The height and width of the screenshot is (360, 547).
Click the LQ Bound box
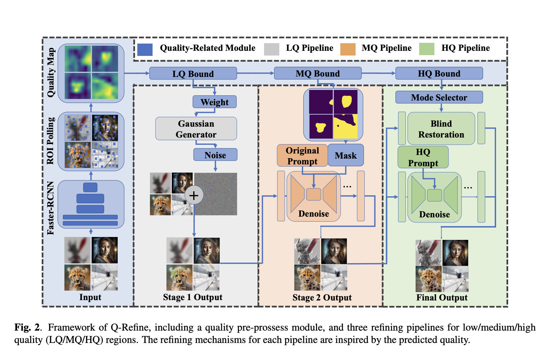click(193, 74)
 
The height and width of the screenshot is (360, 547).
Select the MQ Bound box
click(317, 74)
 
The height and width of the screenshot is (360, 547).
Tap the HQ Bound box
click(439, 74)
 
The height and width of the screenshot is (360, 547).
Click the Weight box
click(214, 102)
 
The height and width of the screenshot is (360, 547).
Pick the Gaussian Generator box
click(196, 129)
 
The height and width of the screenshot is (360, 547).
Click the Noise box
click(215, 155)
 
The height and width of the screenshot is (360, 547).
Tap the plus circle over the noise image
click(194, 195)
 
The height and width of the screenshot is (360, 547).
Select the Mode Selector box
click(439, 97)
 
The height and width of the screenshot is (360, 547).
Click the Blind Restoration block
click(441, 129)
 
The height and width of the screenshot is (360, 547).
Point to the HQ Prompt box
click(423, 157)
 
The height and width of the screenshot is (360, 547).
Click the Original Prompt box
click(302, 156)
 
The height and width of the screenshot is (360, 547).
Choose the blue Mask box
click(345, 155)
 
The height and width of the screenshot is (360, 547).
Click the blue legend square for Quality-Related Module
click(145, 49)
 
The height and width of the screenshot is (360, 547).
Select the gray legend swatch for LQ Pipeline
click(272, 49)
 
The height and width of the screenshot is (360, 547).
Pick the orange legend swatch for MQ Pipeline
click(348, 49)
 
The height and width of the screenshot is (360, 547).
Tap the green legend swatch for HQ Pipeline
click(426, 49)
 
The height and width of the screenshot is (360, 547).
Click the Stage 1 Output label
click(193, 297)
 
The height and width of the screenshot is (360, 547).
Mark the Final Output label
click(442, 298)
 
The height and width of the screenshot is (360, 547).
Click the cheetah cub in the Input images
click(77, 278)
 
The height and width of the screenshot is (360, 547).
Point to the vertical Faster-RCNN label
click(50, 208)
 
